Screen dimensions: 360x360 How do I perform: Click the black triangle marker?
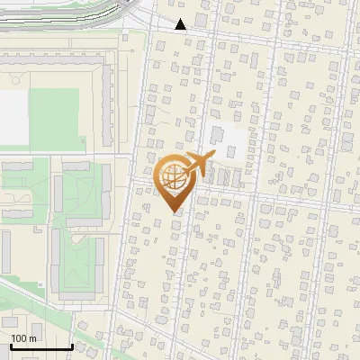(181, 24)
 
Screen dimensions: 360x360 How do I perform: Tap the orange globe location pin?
(175, 179)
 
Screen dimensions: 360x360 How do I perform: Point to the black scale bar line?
(41, 347)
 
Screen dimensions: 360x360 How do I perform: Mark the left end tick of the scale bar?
(12, 346)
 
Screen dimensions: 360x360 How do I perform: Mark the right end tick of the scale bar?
(72, 346)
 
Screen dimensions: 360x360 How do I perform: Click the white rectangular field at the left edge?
(13, 117)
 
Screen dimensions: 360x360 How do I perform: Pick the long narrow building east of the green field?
(106, 108)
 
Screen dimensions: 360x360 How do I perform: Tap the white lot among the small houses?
(226, 139)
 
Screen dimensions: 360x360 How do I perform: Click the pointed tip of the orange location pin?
(175, 211)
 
